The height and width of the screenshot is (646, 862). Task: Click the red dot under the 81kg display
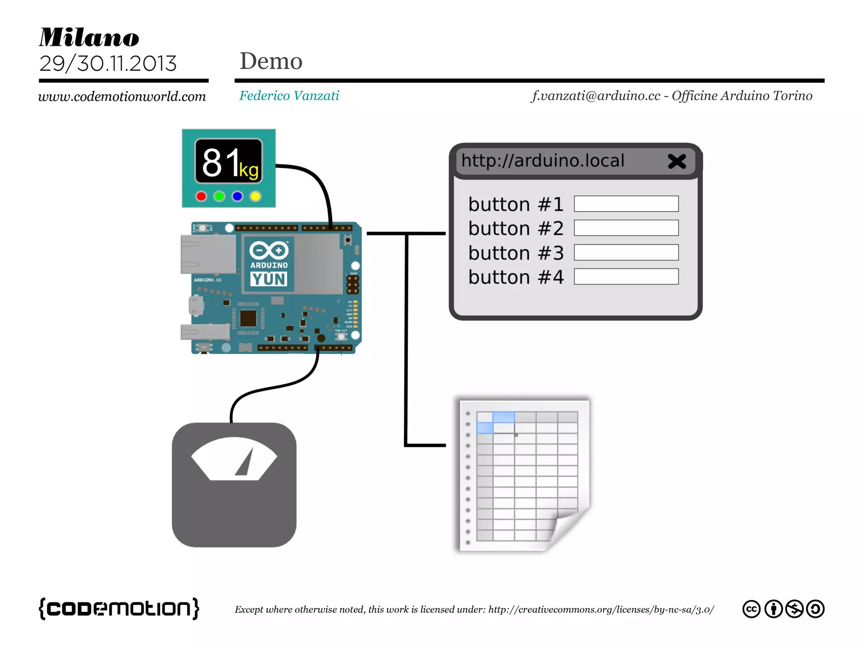(201, 196)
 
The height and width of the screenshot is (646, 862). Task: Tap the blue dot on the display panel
(237, 196)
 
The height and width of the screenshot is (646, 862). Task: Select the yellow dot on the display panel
(255, 196)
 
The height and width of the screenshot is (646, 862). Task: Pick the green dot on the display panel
(219, 196)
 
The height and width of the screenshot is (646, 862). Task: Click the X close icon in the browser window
(677, 161)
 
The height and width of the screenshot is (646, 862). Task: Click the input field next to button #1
(626, 204)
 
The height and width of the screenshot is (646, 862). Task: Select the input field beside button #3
(626, 253)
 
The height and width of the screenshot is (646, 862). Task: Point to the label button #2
(516, 229)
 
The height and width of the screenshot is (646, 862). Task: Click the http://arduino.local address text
(543, 161)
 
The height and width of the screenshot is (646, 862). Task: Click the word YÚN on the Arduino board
(269, 279)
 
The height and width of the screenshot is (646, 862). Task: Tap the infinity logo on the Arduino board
(269, 250)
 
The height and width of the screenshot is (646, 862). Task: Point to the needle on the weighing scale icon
(245, 463)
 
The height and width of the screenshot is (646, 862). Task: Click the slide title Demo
(271, 61)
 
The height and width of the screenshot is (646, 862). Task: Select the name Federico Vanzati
(289, 96)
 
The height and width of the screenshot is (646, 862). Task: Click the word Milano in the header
(89, 37)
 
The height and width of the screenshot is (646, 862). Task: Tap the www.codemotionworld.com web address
(122, 97)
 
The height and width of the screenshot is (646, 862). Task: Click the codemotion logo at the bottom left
(119, 608)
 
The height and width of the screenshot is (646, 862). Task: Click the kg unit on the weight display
(249, 170)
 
